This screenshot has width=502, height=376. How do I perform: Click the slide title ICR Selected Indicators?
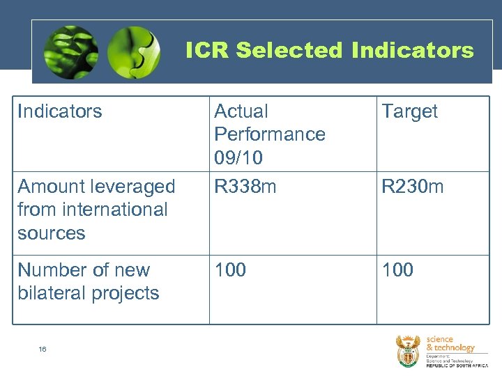tap(329, 50)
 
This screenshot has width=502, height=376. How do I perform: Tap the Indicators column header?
tap(60, 111)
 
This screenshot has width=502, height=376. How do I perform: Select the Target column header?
tap(409, 111)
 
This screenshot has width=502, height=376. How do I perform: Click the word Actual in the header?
tap(241, 111)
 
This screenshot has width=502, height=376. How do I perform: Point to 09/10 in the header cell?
tap(238, 158)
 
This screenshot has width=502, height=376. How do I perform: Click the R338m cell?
tap(245, 187)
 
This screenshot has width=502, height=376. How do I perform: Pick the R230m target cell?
tap(412, 187)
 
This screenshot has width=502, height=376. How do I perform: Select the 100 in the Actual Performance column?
tap(230, 270)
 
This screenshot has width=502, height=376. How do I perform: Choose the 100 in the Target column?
tap(397, 270)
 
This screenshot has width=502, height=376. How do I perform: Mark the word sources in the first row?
tap(51, 233)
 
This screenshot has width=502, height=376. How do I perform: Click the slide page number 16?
tap(43, 350)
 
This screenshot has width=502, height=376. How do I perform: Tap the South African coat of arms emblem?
tap(408, 351)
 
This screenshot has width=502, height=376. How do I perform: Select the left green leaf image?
tap(70, 52)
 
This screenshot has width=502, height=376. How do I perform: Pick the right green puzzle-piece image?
tap(133, 52)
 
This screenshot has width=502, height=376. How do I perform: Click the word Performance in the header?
tap(270, 134)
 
